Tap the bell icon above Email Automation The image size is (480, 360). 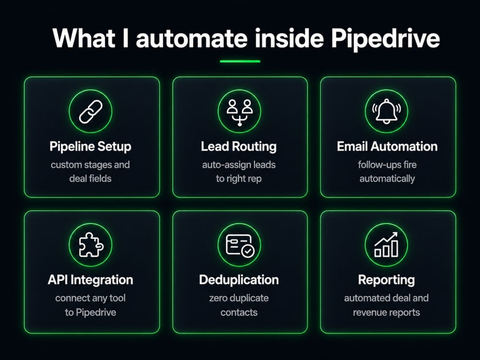coord(386,111)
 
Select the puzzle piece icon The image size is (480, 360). coord(91,245)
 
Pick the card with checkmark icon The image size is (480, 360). coord(240,245)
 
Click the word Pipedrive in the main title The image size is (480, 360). coord(385,39)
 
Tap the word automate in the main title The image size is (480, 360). coord(192,39)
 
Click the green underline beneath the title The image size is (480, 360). coord(240,61)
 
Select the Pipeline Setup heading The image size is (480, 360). coord(90,146)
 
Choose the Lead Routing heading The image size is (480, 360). coord(239,146)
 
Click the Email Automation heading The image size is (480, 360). coord(387,146)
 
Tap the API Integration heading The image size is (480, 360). coord(90,280)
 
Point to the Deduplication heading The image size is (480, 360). coord(239,280)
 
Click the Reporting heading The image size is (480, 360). coord(386,280)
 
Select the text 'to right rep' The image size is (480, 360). coord(239,179)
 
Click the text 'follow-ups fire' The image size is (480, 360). coord(387,165)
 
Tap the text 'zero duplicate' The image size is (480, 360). coord(239,298)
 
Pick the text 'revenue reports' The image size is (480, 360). coord(386,312)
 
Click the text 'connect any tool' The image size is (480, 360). coord(90,298)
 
